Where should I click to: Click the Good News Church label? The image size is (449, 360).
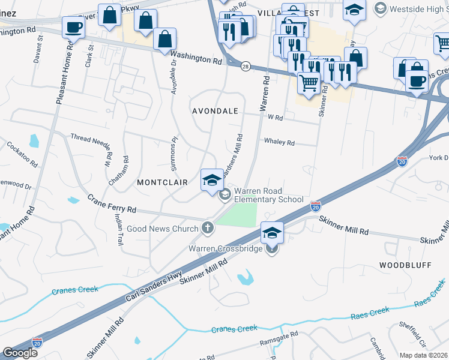pos(162,229)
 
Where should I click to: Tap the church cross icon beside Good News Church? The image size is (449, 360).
pos(207,228)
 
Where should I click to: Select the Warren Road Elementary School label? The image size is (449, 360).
pos(268,194)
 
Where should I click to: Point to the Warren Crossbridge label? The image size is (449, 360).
pos(225,248)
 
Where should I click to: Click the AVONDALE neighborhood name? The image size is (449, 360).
pos(215,112)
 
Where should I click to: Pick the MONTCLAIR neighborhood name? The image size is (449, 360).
pos(163,182)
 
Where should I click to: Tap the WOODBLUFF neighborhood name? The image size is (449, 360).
pos(405,265)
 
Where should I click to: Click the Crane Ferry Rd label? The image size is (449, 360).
pos(112,204)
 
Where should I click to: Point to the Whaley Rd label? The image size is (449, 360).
pos(279,143)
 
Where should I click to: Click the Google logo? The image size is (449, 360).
pos(20,353)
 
